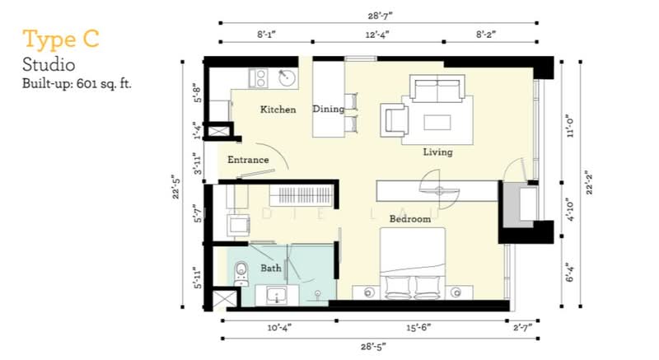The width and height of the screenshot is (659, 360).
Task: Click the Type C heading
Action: click(61, 40)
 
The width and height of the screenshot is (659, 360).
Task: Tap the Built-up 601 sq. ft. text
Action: click(77, 83)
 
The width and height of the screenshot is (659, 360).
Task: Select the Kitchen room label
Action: click(278, 110)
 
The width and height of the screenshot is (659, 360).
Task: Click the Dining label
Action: click(328, 110)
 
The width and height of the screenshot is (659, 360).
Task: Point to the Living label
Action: click(437, 152)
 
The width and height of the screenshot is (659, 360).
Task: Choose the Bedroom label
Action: click(409, 219)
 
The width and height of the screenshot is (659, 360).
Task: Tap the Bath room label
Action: click(271, 268)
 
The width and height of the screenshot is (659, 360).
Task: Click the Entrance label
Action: click(248, 160)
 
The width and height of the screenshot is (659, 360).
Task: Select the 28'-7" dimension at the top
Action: click(380, 16)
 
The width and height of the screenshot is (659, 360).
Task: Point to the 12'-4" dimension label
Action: click(377, 35)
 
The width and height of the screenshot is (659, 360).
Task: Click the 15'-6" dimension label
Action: click(418, 328)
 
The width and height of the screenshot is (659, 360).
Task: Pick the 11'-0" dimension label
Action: click(570, 125)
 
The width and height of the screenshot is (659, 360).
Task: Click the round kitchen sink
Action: click(287, 77)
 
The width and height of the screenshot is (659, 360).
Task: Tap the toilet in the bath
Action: click(241, 274)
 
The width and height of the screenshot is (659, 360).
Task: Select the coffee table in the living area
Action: click(437, 122)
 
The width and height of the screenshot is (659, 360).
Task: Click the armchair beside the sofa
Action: click(395, 120)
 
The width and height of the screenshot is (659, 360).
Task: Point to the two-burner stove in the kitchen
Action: click(258, 78)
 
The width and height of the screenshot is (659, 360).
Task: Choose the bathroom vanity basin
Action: click(277, 295)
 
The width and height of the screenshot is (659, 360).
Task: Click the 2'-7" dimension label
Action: click(522, 328)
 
